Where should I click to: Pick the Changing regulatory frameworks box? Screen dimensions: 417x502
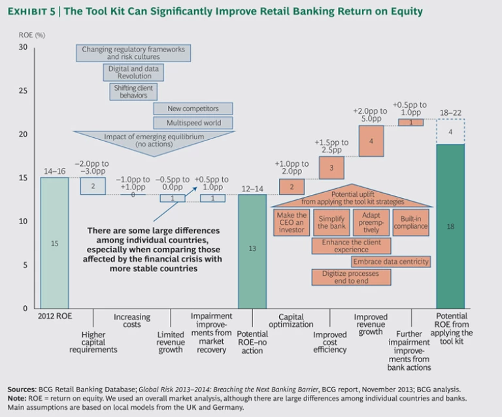[x=133, y=53]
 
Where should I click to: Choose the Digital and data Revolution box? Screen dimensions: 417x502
[x=133, y=72]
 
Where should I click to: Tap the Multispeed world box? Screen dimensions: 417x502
[x=193, y=123]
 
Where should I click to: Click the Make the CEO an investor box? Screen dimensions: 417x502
[x=292, y=222]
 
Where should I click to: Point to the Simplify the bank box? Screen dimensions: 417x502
[x=331, y=222]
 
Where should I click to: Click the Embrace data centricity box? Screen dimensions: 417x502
[x=391, y=261]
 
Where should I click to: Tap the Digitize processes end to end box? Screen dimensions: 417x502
[x=351, y=276]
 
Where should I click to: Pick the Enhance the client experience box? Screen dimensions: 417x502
[x=351, y=246]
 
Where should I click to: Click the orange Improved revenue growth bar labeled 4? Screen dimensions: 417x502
[x=371, y=141]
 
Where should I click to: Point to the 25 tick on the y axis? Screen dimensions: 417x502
[x=24, y=91]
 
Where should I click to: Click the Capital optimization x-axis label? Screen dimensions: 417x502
[x=292, y=321]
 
